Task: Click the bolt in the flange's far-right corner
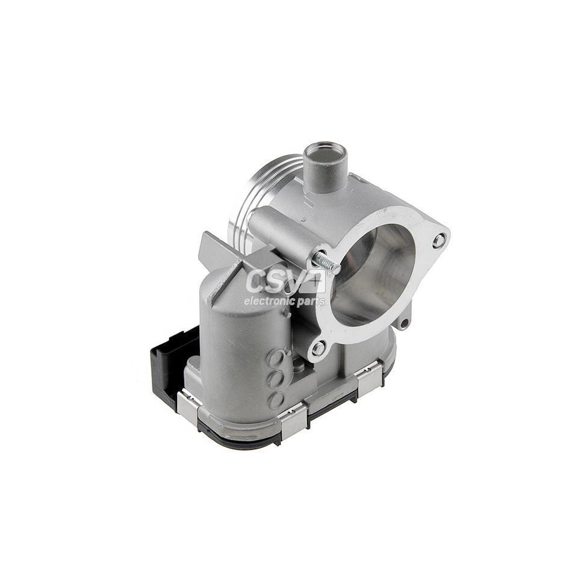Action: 439,241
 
